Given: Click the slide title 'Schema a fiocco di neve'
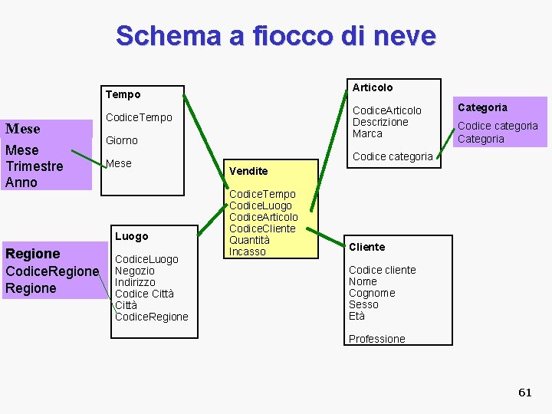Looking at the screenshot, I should [x=275, y=35].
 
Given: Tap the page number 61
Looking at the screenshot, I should [x=524, y=393].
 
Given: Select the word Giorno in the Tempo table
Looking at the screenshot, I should [x=121, y=140].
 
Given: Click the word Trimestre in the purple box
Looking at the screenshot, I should [x=34, y=166].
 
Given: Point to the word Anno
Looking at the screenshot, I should [x=21, y=182].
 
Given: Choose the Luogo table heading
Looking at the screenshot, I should [x=131, y=236].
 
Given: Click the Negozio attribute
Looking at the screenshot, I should [x=134, y=271].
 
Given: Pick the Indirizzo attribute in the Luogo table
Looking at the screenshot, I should [x=135, y=282].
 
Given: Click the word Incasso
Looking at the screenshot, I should [x=247, y=251].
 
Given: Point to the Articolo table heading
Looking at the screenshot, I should [x=372, y=87].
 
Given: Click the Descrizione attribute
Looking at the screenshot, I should [x=380, y=122].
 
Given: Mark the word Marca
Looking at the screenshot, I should [x=367, y=133].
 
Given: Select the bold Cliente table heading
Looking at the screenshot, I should [x=366, y=247].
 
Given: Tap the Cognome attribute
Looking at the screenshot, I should [x=372, y=293].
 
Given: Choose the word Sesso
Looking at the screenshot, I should [x=363, y=304].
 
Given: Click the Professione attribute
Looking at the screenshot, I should [x=376, y=339].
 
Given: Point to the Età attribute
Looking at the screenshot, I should [x=356, y=316].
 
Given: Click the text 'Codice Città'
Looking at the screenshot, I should [x=144, y=294].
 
